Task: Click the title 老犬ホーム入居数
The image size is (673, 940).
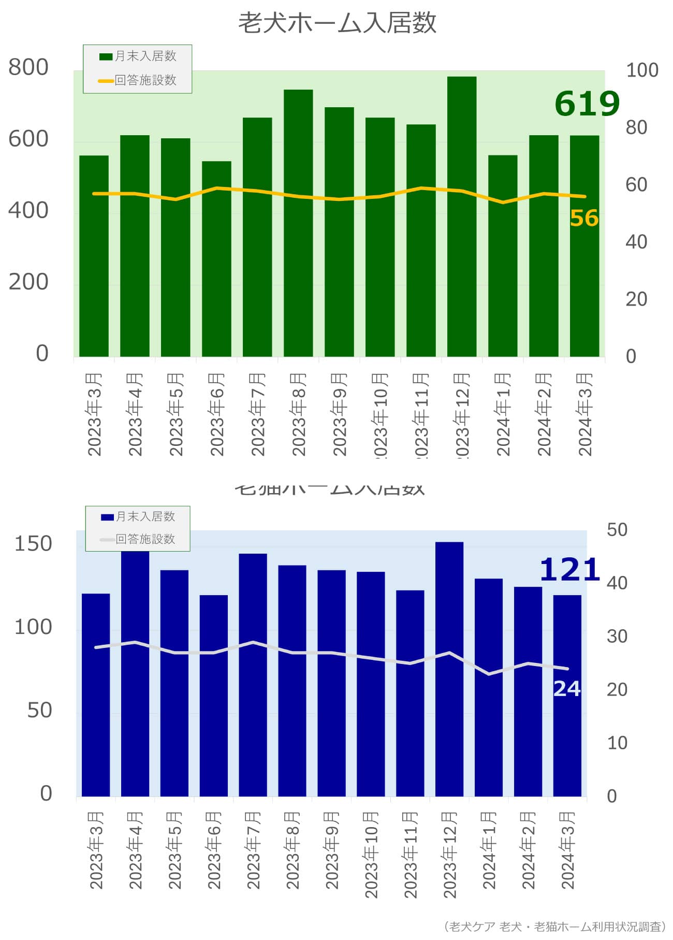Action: pos(337,23)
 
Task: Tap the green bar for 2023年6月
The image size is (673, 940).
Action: pos(216,259)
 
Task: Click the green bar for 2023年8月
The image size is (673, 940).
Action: pos(298,223)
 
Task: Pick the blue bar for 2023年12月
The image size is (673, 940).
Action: pos(449,668)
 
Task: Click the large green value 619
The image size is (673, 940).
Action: pos(587,104)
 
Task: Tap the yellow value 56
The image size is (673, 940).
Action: pos(584,218)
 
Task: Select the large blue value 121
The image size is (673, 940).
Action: pos(569,570)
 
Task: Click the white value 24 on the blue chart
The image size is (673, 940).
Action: pos(567,689)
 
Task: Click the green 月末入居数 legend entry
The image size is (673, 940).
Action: pos(138,56)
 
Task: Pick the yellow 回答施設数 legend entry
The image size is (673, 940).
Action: pos(138,80)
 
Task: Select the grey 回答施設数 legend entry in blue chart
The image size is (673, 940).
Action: pos(138,539)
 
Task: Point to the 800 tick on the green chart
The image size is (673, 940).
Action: pos(28,67)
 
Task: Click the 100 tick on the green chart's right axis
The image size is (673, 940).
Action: pos(642,70)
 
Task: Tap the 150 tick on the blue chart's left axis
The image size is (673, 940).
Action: pos(33,544)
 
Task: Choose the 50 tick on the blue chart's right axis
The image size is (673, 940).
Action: pos(617,530)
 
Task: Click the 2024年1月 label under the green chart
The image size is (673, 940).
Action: pos(503,414)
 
